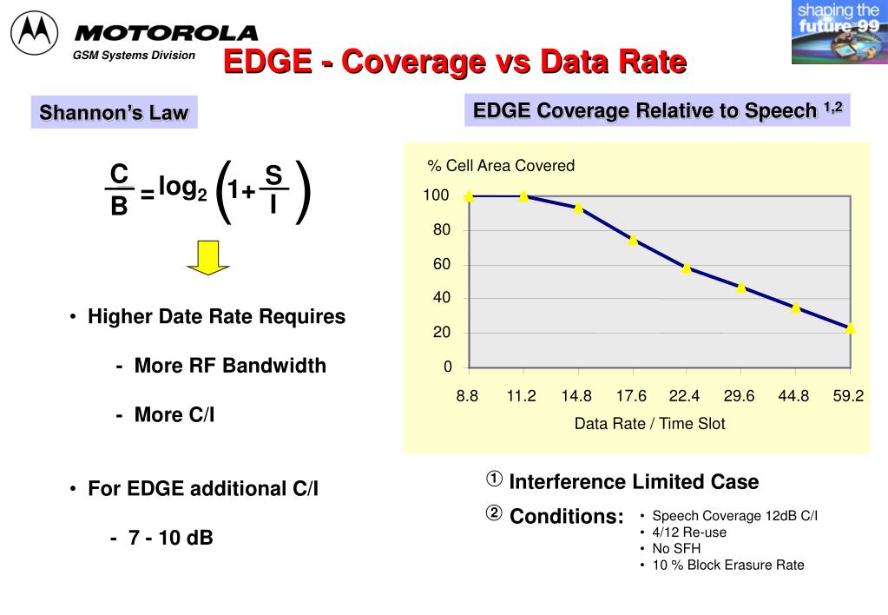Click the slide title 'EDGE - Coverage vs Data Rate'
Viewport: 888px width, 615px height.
click(455, 62)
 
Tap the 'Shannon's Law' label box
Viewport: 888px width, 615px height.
click(114, 113)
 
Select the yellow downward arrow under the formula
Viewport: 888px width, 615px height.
click(208, 257)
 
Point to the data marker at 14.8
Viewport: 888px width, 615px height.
click(578, 208)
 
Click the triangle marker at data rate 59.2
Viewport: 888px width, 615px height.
click(850, 328)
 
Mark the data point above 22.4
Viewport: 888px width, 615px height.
click(687, 268)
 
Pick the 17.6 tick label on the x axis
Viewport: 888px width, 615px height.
click(631, 396)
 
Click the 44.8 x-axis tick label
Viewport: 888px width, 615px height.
click(793, 396)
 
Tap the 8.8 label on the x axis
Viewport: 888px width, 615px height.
click(467, 396)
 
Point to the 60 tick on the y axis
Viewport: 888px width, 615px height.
click(442, 264)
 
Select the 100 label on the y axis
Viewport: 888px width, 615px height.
click(437, 195)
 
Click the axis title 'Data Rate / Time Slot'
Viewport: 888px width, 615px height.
click(649, 424)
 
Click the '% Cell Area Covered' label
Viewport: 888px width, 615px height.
click(501, 166)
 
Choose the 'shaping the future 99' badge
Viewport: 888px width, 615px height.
click(839, 32)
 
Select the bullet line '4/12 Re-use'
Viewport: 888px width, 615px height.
click(689, 532)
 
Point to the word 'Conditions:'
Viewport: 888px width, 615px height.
click(567, 517)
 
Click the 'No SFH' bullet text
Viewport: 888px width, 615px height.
click(676, 548)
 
